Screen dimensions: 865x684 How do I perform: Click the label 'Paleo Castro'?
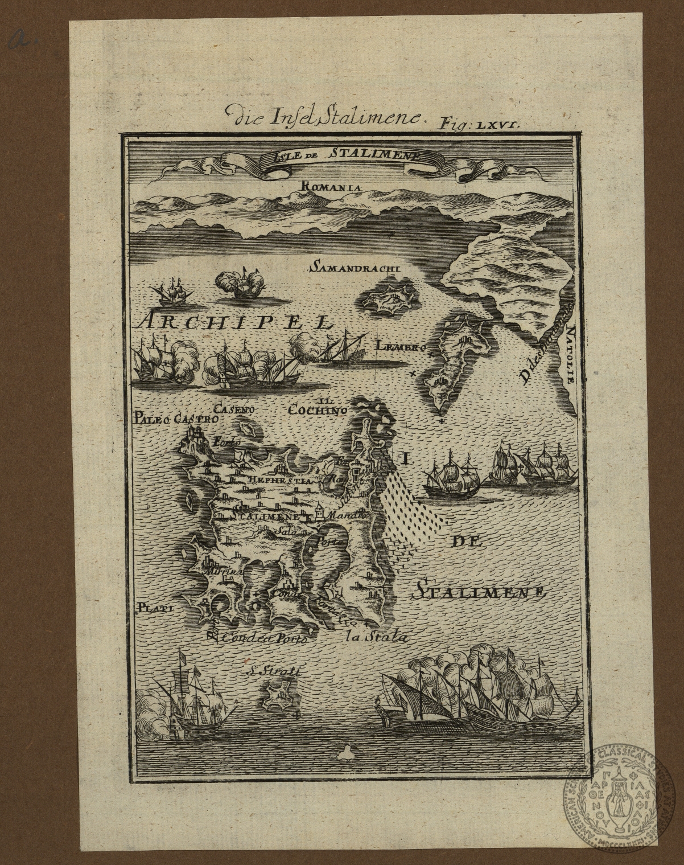(x=176, y=419)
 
